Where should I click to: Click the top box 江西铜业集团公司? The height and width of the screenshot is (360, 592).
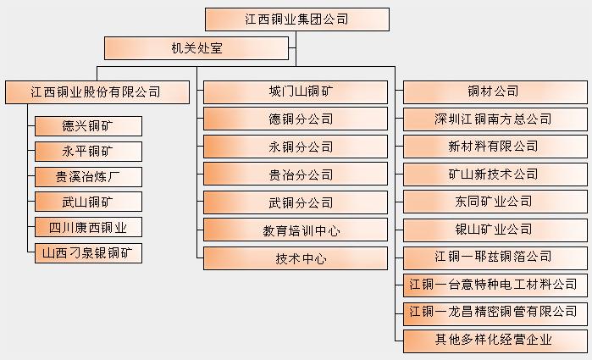(296, 19)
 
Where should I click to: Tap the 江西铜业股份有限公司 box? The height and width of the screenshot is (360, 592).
(97, 91)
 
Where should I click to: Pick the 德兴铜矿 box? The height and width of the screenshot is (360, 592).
(88, 126)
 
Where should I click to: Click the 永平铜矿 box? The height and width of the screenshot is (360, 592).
(88, 152)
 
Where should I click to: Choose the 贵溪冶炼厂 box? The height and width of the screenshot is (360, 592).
(88, 177)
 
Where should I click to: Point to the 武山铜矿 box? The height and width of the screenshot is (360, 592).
(88, 202)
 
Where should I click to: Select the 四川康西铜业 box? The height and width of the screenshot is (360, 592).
(88, 227)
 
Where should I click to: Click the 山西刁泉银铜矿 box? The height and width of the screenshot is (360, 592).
(88, 252)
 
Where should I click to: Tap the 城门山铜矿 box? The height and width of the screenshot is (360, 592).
(296, 91)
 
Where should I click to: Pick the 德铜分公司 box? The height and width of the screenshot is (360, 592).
(296, 119)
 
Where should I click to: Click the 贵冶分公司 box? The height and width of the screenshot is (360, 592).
(296, 175)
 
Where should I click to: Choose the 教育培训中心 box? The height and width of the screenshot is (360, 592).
(296, 230)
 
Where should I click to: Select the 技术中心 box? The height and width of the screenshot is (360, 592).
(296, 258)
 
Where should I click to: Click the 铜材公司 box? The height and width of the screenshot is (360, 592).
(495, 91)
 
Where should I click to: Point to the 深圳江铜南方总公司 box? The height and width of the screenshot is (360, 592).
(495, 119)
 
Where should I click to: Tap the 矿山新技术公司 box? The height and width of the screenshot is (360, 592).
(495, 174)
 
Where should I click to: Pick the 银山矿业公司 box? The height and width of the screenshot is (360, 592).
(495, 230)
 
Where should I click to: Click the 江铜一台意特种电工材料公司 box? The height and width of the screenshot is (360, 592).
(495, 285)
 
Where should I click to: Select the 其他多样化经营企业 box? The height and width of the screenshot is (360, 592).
(495, 341)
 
